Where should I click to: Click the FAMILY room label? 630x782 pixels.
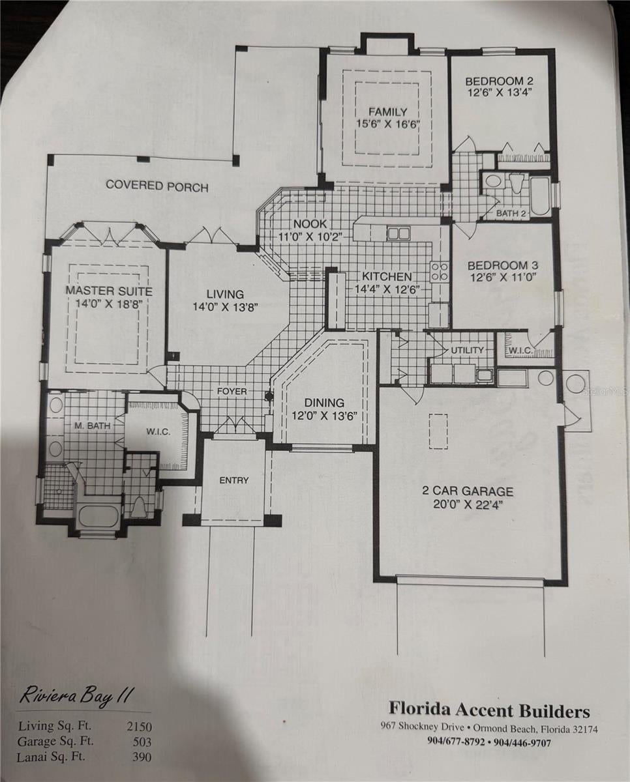388,111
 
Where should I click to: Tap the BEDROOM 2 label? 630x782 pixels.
500,81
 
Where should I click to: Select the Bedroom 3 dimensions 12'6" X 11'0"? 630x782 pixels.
502,277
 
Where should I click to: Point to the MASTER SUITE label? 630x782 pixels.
109,291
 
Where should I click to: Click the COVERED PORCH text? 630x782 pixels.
157,186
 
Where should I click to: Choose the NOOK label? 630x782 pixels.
310,224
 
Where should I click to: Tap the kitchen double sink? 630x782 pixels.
398,233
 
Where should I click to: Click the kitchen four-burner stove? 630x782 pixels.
439,272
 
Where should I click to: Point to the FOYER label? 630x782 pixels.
232,392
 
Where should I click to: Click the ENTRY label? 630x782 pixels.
234,480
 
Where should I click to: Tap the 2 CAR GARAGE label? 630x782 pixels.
468,491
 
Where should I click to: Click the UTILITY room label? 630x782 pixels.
467,350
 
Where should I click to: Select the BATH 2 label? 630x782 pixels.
511,213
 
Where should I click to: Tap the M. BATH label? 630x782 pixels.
93,426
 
